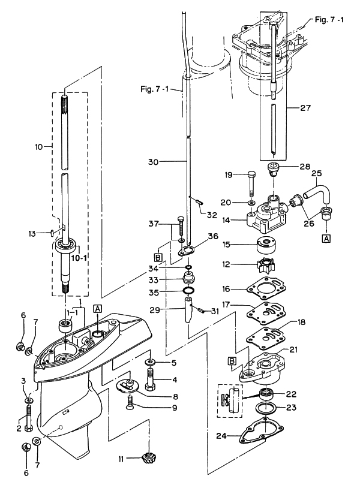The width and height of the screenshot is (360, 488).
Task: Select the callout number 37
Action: click(154, 224)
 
